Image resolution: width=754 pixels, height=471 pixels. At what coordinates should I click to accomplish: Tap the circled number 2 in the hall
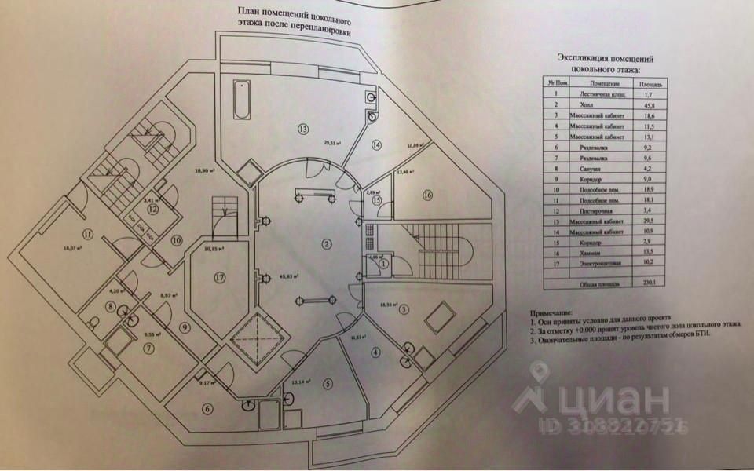click(324, 243)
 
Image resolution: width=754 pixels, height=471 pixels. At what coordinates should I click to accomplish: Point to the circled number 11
click(87, 233)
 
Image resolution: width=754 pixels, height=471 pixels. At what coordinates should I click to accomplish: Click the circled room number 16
click(427, 195)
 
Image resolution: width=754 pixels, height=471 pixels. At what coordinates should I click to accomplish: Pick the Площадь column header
click(653, 83)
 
